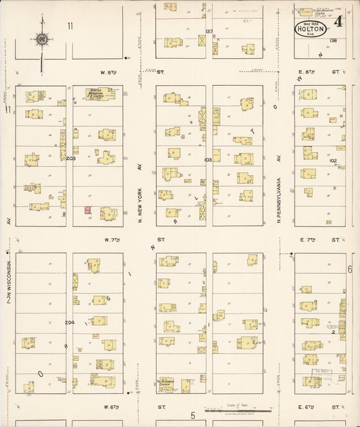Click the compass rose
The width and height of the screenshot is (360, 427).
(43, 39)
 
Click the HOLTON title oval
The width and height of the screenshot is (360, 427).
(311, 29)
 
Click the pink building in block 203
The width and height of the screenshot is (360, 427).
(88, 211)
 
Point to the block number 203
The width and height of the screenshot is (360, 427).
(70, 159)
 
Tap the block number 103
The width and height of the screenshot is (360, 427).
(208, 160)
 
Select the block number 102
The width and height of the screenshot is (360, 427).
(332, 160)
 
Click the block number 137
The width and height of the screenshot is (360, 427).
(209, 31)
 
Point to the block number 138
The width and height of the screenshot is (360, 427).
(332, 41)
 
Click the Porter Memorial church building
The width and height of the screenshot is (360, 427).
(99, 94)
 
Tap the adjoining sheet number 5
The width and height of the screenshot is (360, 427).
(192, 414)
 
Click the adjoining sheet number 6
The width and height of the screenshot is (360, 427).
(351, 270)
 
